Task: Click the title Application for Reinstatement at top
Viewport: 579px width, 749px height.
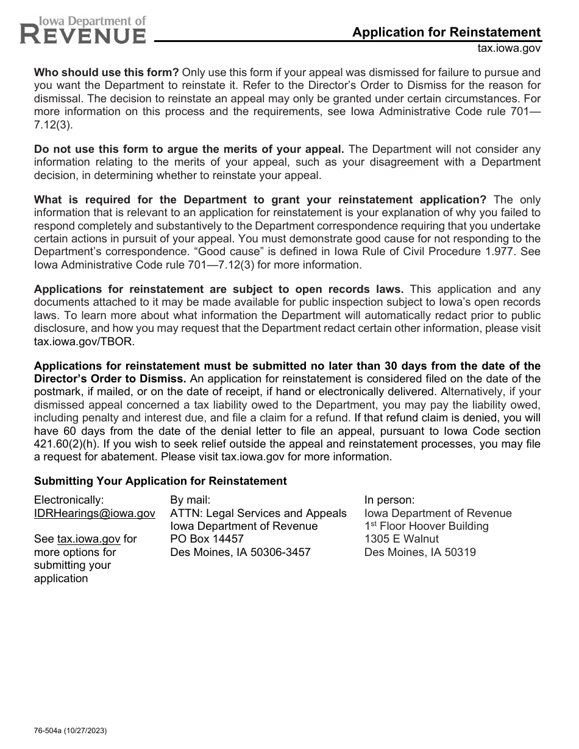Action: [x=446, y=32]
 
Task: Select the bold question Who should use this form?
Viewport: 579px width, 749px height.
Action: [x=107, y=72]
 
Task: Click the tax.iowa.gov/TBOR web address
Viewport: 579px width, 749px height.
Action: [x=85, y=341]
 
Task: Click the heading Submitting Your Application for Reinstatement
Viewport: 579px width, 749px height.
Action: [x=160, y=481]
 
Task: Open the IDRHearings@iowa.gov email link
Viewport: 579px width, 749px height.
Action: [x=94, y=513]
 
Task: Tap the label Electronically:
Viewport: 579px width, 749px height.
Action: [x=69, y=500]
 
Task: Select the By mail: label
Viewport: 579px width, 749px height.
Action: [x=190, y=500]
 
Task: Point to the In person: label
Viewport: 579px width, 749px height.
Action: [x=389, y=500]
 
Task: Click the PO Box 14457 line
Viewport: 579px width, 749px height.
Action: [x=207, y=539]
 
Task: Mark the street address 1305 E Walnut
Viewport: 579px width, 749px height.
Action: [x=402, y=539]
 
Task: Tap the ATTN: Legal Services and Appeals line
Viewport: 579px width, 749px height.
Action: [x=258, y=513]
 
